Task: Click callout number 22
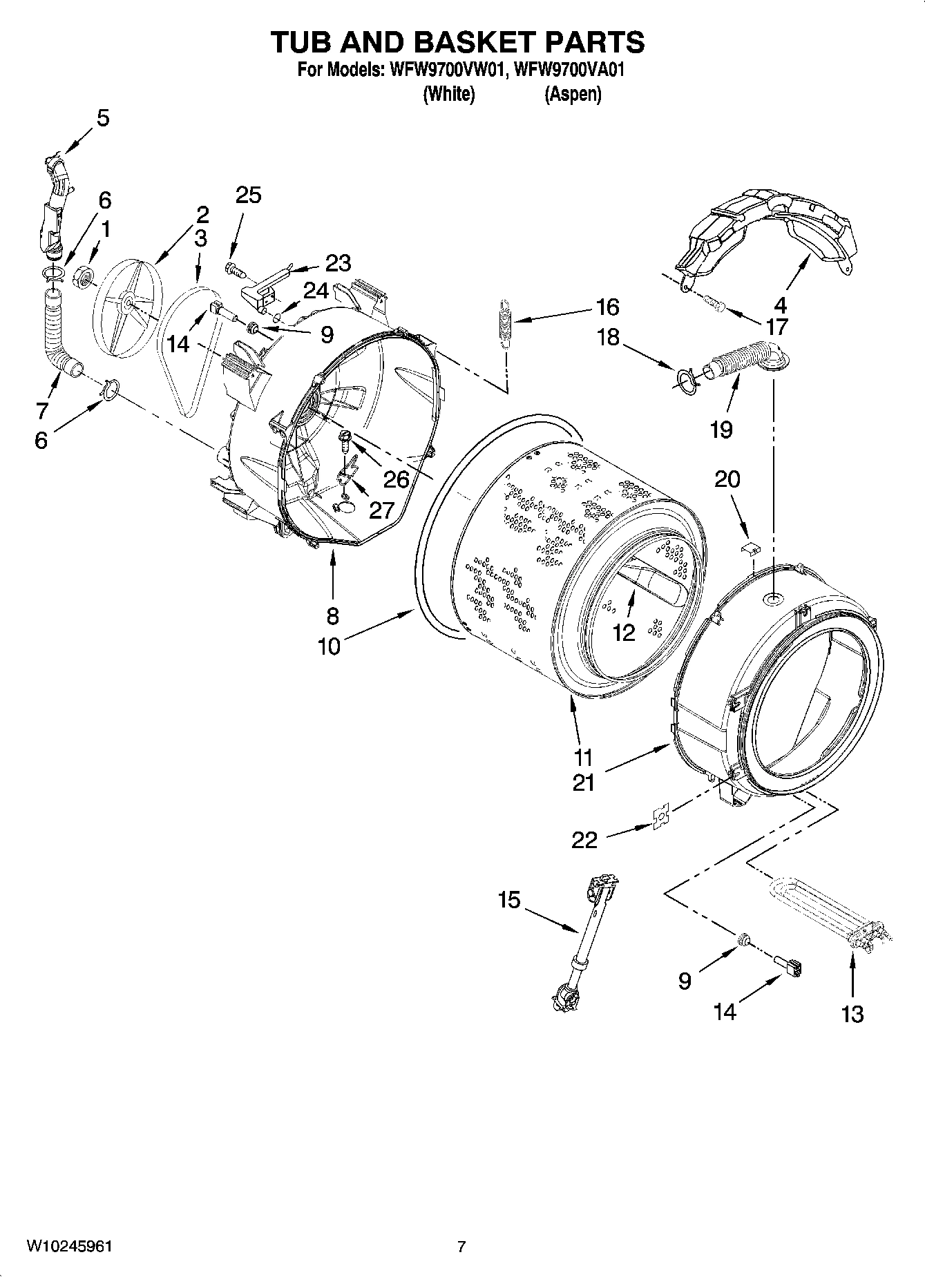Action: (x=584, y=839)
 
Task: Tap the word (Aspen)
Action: (x=573, y=95)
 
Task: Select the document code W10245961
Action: (x=69, y=1246)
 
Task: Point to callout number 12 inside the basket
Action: (x=623, y=632)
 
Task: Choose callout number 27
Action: (x=381, y=510)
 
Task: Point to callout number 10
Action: (x=330, y=646)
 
